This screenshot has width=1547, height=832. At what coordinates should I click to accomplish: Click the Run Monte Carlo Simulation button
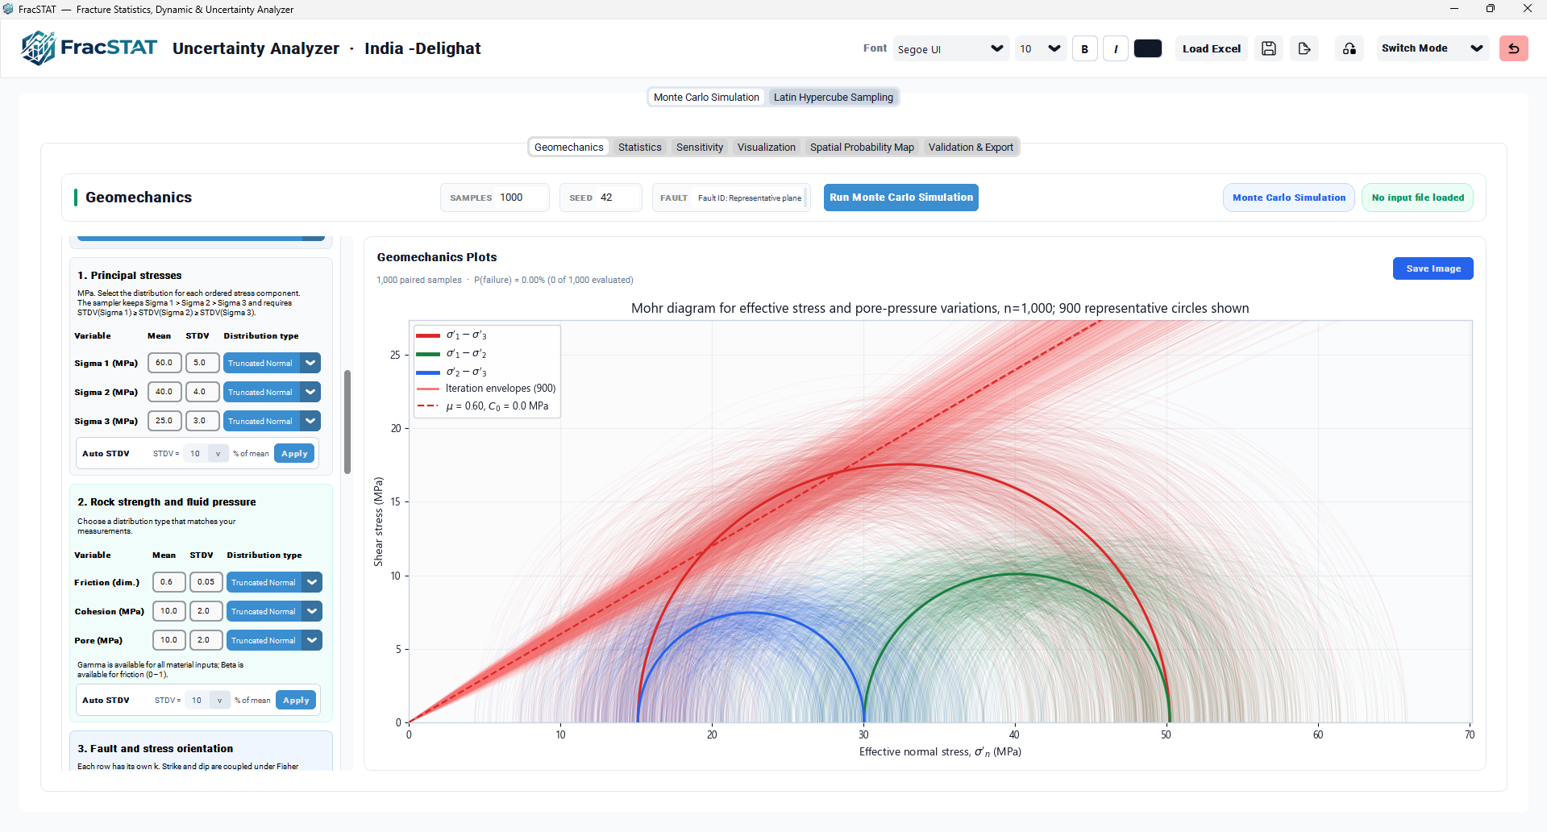pyautogui.click(x=900, y=198)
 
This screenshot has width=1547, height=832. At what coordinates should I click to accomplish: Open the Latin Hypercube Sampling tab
pyautogui.click(x=833, y=98)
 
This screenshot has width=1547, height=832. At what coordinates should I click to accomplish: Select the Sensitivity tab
pyautogui.click(x=700, y=148)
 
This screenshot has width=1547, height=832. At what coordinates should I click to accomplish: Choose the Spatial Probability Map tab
pyautogui.click(x=862, y=148)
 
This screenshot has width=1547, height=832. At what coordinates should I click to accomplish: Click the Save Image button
pyautogui.click(x=1433, y=268)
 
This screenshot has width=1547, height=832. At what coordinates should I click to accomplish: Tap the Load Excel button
pyautogui.click(x=1211, y=49)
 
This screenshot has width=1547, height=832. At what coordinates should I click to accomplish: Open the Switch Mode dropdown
pyautogui.click(x=1431, y=49)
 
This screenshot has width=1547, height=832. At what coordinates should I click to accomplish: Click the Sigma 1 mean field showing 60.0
pyautogui.click(x=164, y=363)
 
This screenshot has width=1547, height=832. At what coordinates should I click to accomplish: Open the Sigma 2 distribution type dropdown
pyautogui.click(x=272, y=392)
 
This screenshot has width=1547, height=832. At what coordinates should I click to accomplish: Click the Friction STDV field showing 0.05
pyautogui.click(x=206, y=582)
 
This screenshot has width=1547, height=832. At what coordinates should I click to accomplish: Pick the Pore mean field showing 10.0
pyautogui.click(x=169, y=640)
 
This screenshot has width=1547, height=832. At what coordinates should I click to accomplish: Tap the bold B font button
pyautogui.click(x=1085, y=49)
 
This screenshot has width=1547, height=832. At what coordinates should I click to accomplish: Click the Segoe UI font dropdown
pyautogui.click(x=951, y=49)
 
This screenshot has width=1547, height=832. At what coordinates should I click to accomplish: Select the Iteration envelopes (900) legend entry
pyautogui.click(x=485, y=389)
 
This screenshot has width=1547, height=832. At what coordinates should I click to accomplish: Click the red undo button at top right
pyautogui.click(x=1513, y=49)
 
